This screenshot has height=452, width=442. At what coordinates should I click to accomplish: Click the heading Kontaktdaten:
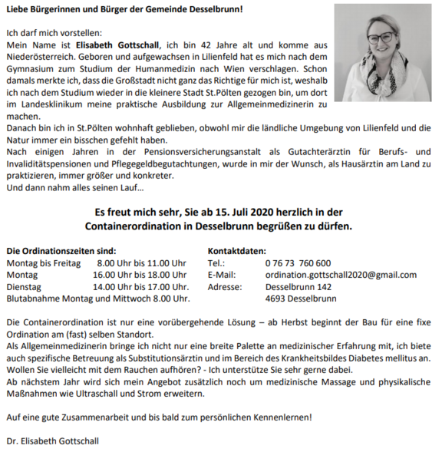(237, 251)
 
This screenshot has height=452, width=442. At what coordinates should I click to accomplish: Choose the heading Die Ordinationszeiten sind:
(61, 251)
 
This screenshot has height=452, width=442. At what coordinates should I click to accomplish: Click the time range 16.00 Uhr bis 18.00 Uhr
(140, 275)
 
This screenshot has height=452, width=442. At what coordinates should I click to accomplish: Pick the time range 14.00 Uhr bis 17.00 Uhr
(140, 286)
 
